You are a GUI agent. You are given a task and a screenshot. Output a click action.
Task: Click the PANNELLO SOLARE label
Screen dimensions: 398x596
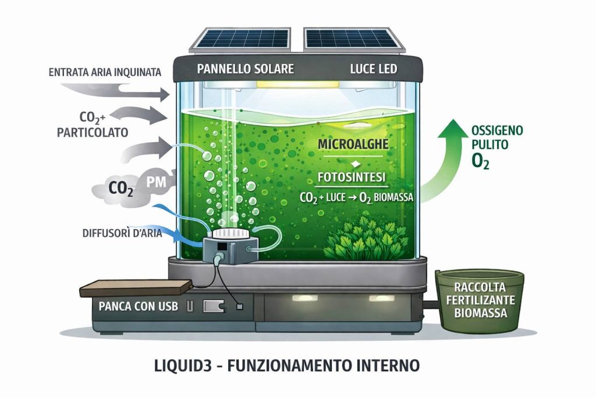pyautogui.click(x=245, y=69)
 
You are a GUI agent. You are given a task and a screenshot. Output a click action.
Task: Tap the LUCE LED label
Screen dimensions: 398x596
pyautogui.click(x=373, y=69)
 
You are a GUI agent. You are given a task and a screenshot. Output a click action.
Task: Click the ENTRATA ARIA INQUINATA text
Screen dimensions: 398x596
pyautogui.click(x=104, y=73)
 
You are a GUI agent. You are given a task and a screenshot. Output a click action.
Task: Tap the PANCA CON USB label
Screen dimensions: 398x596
pyautogui.click(x=135, y=305)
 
